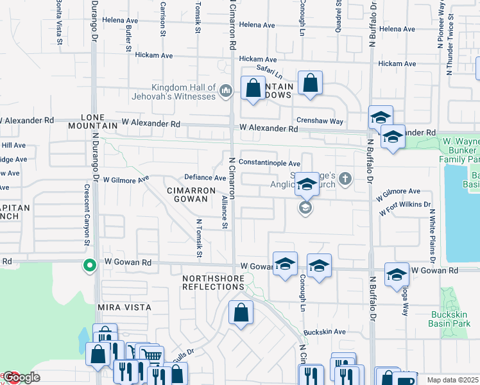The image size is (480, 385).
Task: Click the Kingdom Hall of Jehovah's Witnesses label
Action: tap(184, 92)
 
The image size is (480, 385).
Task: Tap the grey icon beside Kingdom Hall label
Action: tap(225, 92)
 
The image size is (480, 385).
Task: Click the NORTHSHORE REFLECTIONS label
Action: tap(213, 282)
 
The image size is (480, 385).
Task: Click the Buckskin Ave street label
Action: tap(325, 332)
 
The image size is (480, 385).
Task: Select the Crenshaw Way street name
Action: tap(320, 121)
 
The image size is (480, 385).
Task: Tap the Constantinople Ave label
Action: tap(270, 164)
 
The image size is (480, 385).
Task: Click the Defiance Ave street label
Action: tap(205, 178)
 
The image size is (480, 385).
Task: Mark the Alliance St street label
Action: tap(225, 212)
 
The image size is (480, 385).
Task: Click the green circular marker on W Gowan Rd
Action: tap(90, 264)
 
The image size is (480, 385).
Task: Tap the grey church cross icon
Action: tap(346, 178)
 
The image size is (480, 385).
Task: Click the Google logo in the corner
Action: tap(21, 377)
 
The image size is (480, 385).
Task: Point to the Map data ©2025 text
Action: tap(452, 380)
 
